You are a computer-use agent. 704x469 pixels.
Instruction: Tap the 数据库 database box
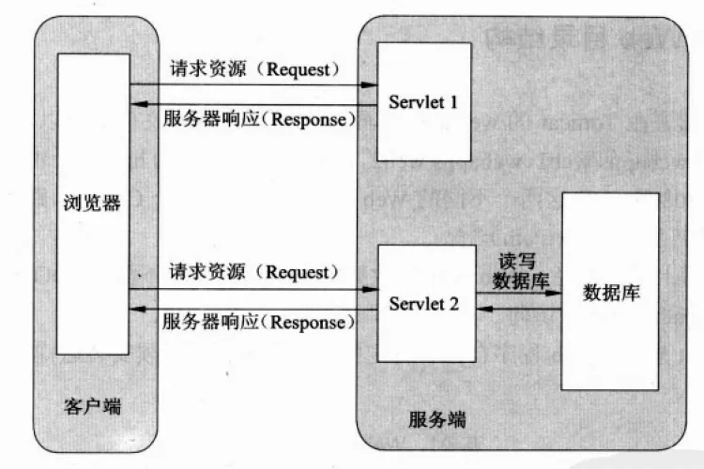[611, 291]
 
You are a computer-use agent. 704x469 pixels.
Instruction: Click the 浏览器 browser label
[91, 203]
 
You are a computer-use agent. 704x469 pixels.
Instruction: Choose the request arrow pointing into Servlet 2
[253, 289]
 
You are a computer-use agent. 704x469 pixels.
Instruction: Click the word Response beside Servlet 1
[312, 119]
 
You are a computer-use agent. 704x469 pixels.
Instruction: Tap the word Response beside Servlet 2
[312, 323]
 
